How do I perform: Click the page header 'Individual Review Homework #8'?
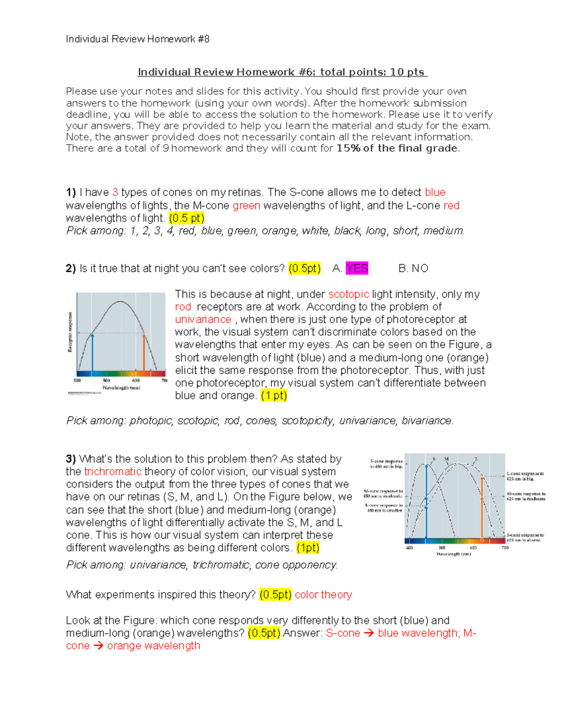(x=137, y=39)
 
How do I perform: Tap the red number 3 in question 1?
(x=115, y=192)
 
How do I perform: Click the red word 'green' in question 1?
(x=246, y=205)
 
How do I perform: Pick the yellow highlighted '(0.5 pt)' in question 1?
(x=186, y=218)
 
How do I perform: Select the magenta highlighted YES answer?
(x=357, y=268)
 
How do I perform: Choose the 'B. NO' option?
(x=413, y=268)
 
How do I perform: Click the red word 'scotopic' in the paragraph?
(x=348, y=294)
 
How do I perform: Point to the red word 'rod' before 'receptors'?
(x=183, y=307)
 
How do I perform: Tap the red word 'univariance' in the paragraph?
(x=203, y=319)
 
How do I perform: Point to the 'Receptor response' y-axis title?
(x=70, y=332)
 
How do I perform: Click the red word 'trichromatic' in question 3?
(x=113, y=472)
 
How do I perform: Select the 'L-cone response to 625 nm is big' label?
(x=525, y=476)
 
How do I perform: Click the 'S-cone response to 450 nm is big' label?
(x=386, y=464)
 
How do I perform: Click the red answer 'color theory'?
(x=323, y=594)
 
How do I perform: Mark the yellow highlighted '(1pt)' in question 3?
(x=308, y=548)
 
